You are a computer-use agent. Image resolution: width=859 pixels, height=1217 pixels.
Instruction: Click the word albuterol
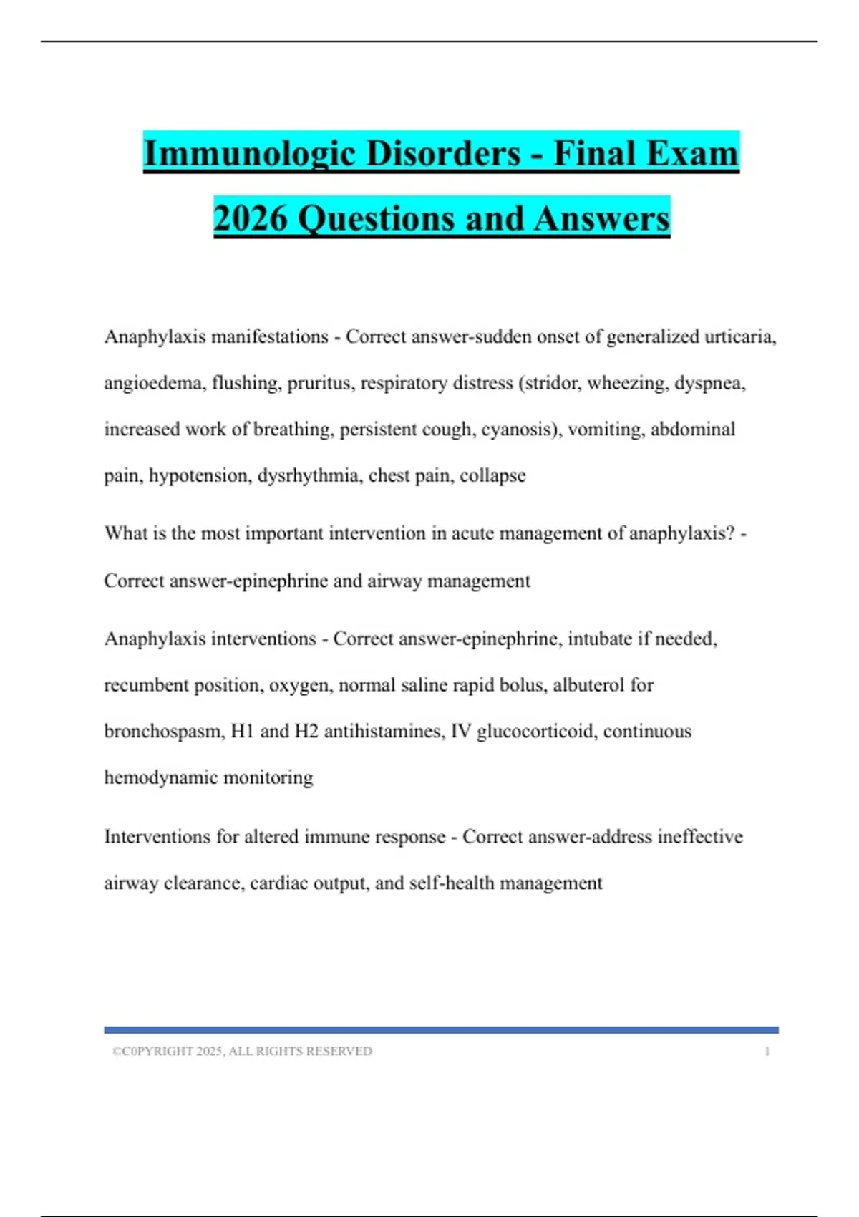pyautogui.click(x=588, y=685)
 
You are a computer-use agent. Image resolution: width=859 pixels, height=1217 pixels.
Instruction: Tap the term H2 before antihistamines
pyautogui.click(x=306, y=732)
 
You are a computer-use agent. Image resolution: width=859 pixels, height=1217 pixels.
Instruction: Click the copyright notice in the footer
pyautogui.click(x=242, y=1052)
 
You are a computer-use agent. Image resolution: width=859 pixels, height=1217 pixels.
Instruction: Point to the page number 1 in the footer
pyautogui.click(x=767, y=1052)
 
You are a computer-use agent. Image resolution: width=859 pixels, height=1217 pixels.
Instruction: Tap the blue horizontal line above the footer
pyautogui.click(x=441, y=1030)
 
